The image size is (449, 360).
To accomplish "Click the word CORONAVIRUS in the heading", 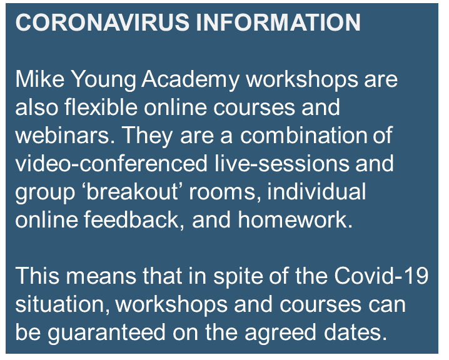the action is point(102,22).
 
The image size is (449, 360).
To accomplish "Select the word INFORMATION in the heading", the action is point(278,22).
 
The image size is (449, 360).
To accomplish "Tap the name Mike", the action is point(40,79).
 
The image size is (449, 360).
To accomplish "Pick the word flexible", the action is point(101,107).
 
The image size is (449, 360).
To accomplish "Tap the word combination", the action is point(303,135).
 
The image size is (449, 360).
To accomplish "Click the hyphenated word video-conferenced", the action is point(111,163).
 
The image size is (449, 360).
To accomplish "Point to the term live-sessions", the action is point(282,163).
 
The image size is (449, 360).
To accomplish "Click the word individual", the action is point(316,191).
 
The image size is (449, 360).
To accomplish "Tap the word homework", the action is point(295,220).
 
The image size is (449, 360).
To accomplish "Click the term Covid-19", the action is point(381,276).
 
